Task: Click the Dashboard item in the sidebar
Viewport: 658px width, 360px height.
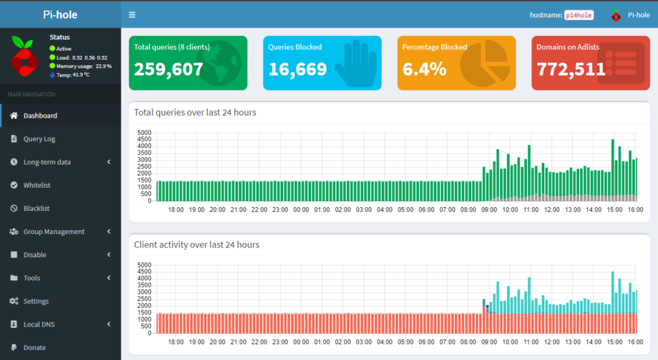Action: pos(40,116)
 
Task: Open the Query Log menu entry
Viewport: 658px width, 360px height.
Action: pos(39,139)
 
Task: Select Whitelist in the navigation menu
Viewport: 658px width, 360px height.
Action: pos(37,185)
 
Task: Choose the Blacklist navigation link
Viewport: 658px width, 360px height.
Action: pos(36,208)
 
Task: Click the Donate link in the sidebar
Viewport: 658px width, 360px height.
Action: pos(34,347)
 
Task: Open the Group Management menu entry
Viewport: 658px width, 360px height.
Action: pos(53,231)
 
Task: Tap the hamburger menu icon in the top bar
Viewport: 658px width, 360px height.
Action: pos(132,15)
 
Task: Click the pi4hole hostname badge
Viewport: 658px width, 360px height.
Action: pos(578,15)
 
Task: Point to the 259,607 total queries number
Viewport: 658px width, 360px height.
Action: pos(168,69)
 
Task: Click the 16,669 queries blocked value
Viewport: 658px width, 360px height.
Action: pos(298,69)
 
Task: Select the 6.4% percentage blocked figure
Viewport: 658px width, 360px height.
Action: pos(424,69)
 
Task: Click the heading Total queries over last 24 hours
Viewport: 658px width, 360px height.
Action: pos(195,113)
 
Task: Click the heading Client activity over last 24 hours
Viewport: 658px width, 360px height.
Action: pos(196,244)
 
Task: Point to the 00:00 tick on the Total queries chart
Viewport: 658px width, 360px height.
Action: pos(301,210)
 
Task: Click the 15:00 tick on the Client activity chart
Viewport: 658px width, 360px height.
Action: pos(614,341)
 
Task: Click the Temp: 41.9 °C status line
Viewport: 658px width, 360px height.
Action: pos(69,75)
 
